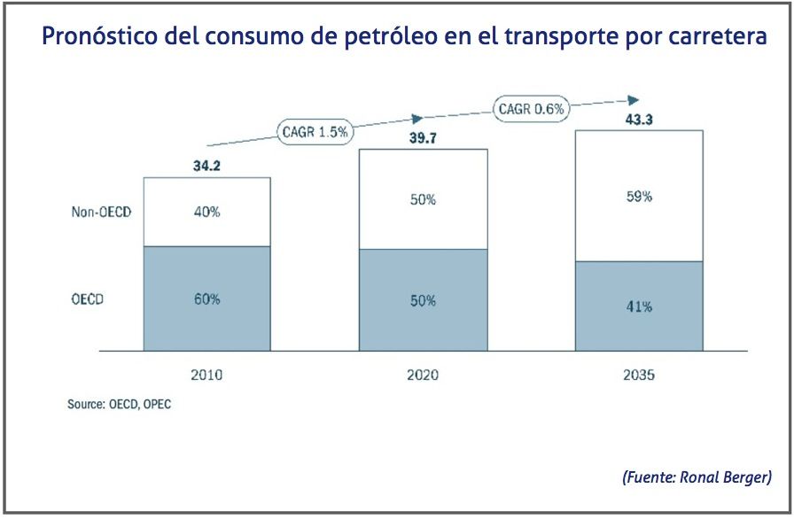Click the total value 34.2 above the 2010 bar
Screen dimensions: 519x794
pyautogui.click(x=206, y=165)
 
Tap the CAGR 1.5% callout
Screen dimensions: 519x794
pyautogui.click(x=315, y=132)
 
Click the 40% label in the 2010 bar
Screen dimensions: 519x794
pyautogui.click(x=206, y=213)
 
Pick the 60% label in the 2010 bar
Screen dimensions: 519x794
pyautogui.click(x=206, y=299)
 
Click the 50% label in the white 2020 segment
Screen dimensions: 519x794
pyautogui.click(x=423, y=200)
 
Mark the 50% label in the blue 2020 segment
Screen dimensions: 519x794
pyautogui.click(x=423, y=301)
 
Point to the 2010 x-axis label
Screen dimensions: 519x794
pyautogui.click(x=206, y=375)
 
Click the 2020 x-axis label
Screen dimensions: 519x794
pyautogui.click(x=423, y=375)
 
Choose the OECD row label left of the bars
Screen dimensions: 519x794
pyautogui.click(x=88, y=299)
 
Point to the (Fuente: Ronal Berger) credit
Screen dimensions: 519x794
pyautogui.click(x=697, y=477)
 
